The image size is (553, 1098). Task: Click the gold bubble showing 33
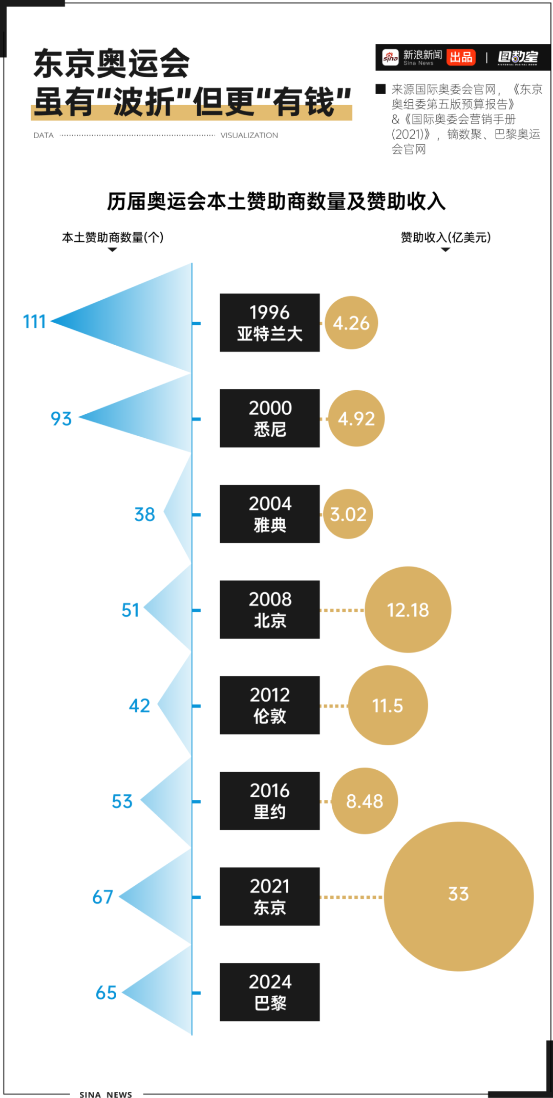[458, 896]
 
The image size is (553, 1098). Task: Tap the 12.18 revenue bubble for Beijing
[408, 610]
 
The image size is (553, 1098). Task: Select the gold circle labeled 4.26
[351, 323]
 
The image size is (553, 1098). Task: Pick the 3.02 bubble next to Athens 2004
[348, 514]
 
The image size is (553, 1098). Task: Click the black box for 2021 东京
[270, 897]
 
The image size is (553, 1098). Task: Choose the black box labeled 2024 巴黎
[270, 992]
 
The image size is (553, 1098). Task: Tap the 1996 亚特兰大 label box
[270, 323]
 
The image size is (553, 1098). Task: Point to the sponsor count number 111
[34, 322]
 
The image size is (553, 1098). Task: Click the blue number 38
[144, 514]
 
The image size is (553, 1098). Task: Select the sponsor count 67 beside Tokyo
[102, 897]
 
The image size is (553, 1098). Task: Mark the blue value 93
[61, 419]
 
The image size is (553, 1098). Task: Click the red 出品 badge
[461, 57]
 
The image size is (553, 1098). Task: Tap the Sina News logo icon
[390, 58]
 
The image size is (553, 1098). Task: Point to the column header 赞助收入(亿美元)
[445, 237]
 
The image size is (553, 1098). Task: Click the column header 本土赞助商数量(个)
[113, 237]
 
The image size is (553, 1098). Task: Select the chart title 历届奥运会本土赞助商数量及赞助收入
[276, 201]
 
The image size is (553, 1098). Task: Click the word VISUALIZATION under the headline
[249, 136]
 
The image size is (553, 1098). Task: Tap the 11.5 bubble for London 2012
[388, 706]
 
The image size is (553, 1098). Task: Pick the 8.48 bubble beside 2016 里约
[365, 801]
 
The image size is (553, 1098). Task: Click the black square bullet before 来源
[380, 89]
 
